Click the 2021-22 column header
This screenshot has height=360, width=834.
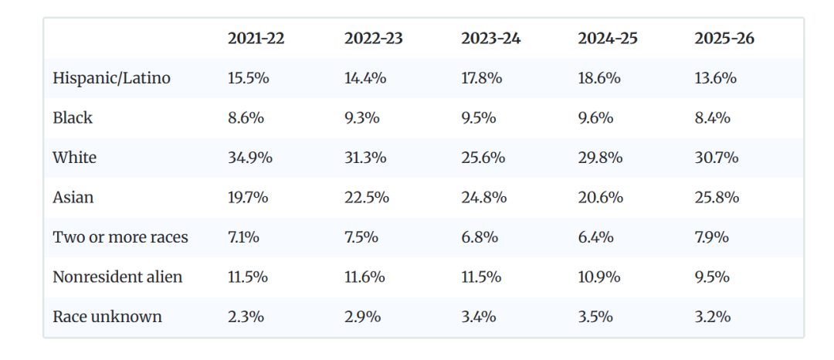(x=256, y=39)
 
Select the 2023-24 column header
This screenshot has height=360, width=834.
(x=490, y=39)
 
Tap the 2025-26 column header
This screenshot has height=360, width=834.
(x=724, y=39)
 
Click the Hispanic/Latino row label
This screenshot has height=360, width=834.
(x=112, y=79)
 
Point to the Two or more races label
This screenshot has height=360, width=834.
(x=120, y=237)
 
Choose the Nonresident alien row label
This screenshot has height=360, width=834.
(x=117, y=277)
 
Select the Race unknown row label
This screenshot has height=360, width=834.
(x=107, y=317)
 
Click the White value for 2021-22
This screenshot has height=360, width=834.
(x=250, y=158)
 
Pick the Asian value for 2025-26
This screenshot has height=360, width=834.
(x=717, y=198)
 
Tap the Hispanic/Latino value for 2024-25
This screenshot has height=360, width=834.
(x=599, y=79)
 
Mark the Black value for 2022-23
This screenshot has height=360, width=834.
(x=361, y=118)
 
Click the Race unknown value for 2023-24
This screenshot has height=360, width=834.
(x=479, y=317)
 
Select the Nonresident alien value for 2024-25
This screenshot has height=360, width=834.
(x=599, y=277)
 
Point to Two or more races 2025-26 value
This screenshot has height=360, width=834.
(x=712, y=237)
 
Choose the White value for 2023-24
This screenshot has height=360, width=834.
(x=483, y=158)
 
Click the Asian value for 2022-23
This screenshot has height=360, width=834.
(x=367, y=198)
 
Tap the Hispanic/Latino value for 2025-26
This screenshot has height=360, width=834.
(x=715, y=79)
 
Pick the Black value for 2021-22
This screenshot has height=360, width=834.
(x=246, y=118)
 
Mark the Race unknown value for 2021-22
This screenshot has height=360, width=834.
(x=246, y=317)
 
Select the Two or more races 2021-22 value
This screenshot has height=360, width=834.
(x=243, y=237)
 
